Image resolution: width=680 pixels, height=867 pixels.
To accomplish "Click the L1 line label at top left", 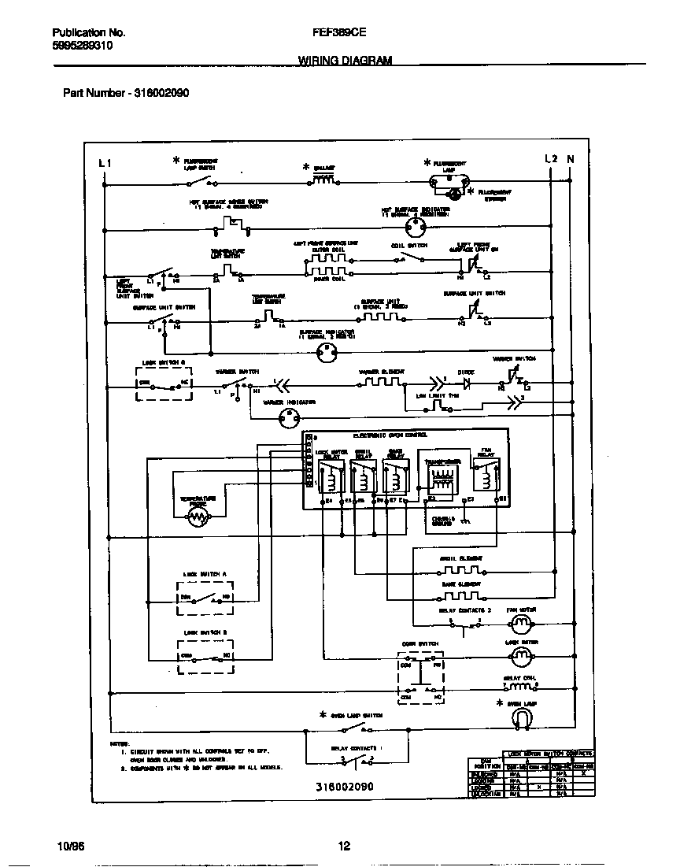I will tap(105, 162).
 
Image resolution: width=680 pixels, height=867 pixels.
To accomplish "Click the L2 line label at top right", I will tap(551, 159).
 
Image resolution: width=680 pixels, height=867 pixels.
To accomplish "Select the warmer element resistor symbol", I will tap(382, 383).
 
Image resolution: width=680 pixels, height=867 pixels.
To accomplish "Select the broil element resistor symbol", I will tap(459, 570).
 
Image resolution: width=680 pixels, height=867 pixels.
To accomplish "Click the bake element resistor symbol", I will tap(459, 595).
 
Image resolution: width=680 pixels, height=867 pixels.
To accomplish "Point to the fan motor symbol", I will tap(520, 624).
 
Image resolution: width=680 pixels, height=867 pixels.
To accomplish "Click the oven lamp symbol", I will tap(520, 717).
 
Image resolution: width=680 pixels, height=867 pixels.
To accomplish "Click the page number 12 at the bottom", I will tap(343, 847).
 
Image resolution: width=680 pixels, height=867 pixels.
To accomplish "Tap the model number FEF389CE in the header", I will tap(339, 33).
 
